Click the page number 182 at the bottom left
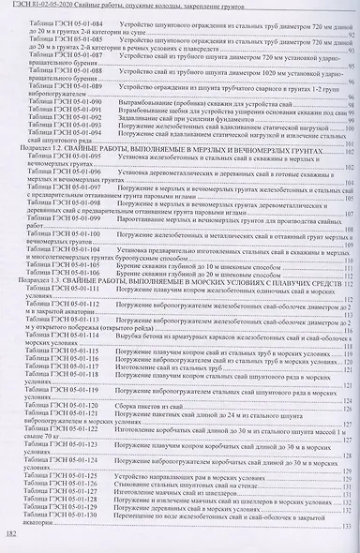13,533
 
